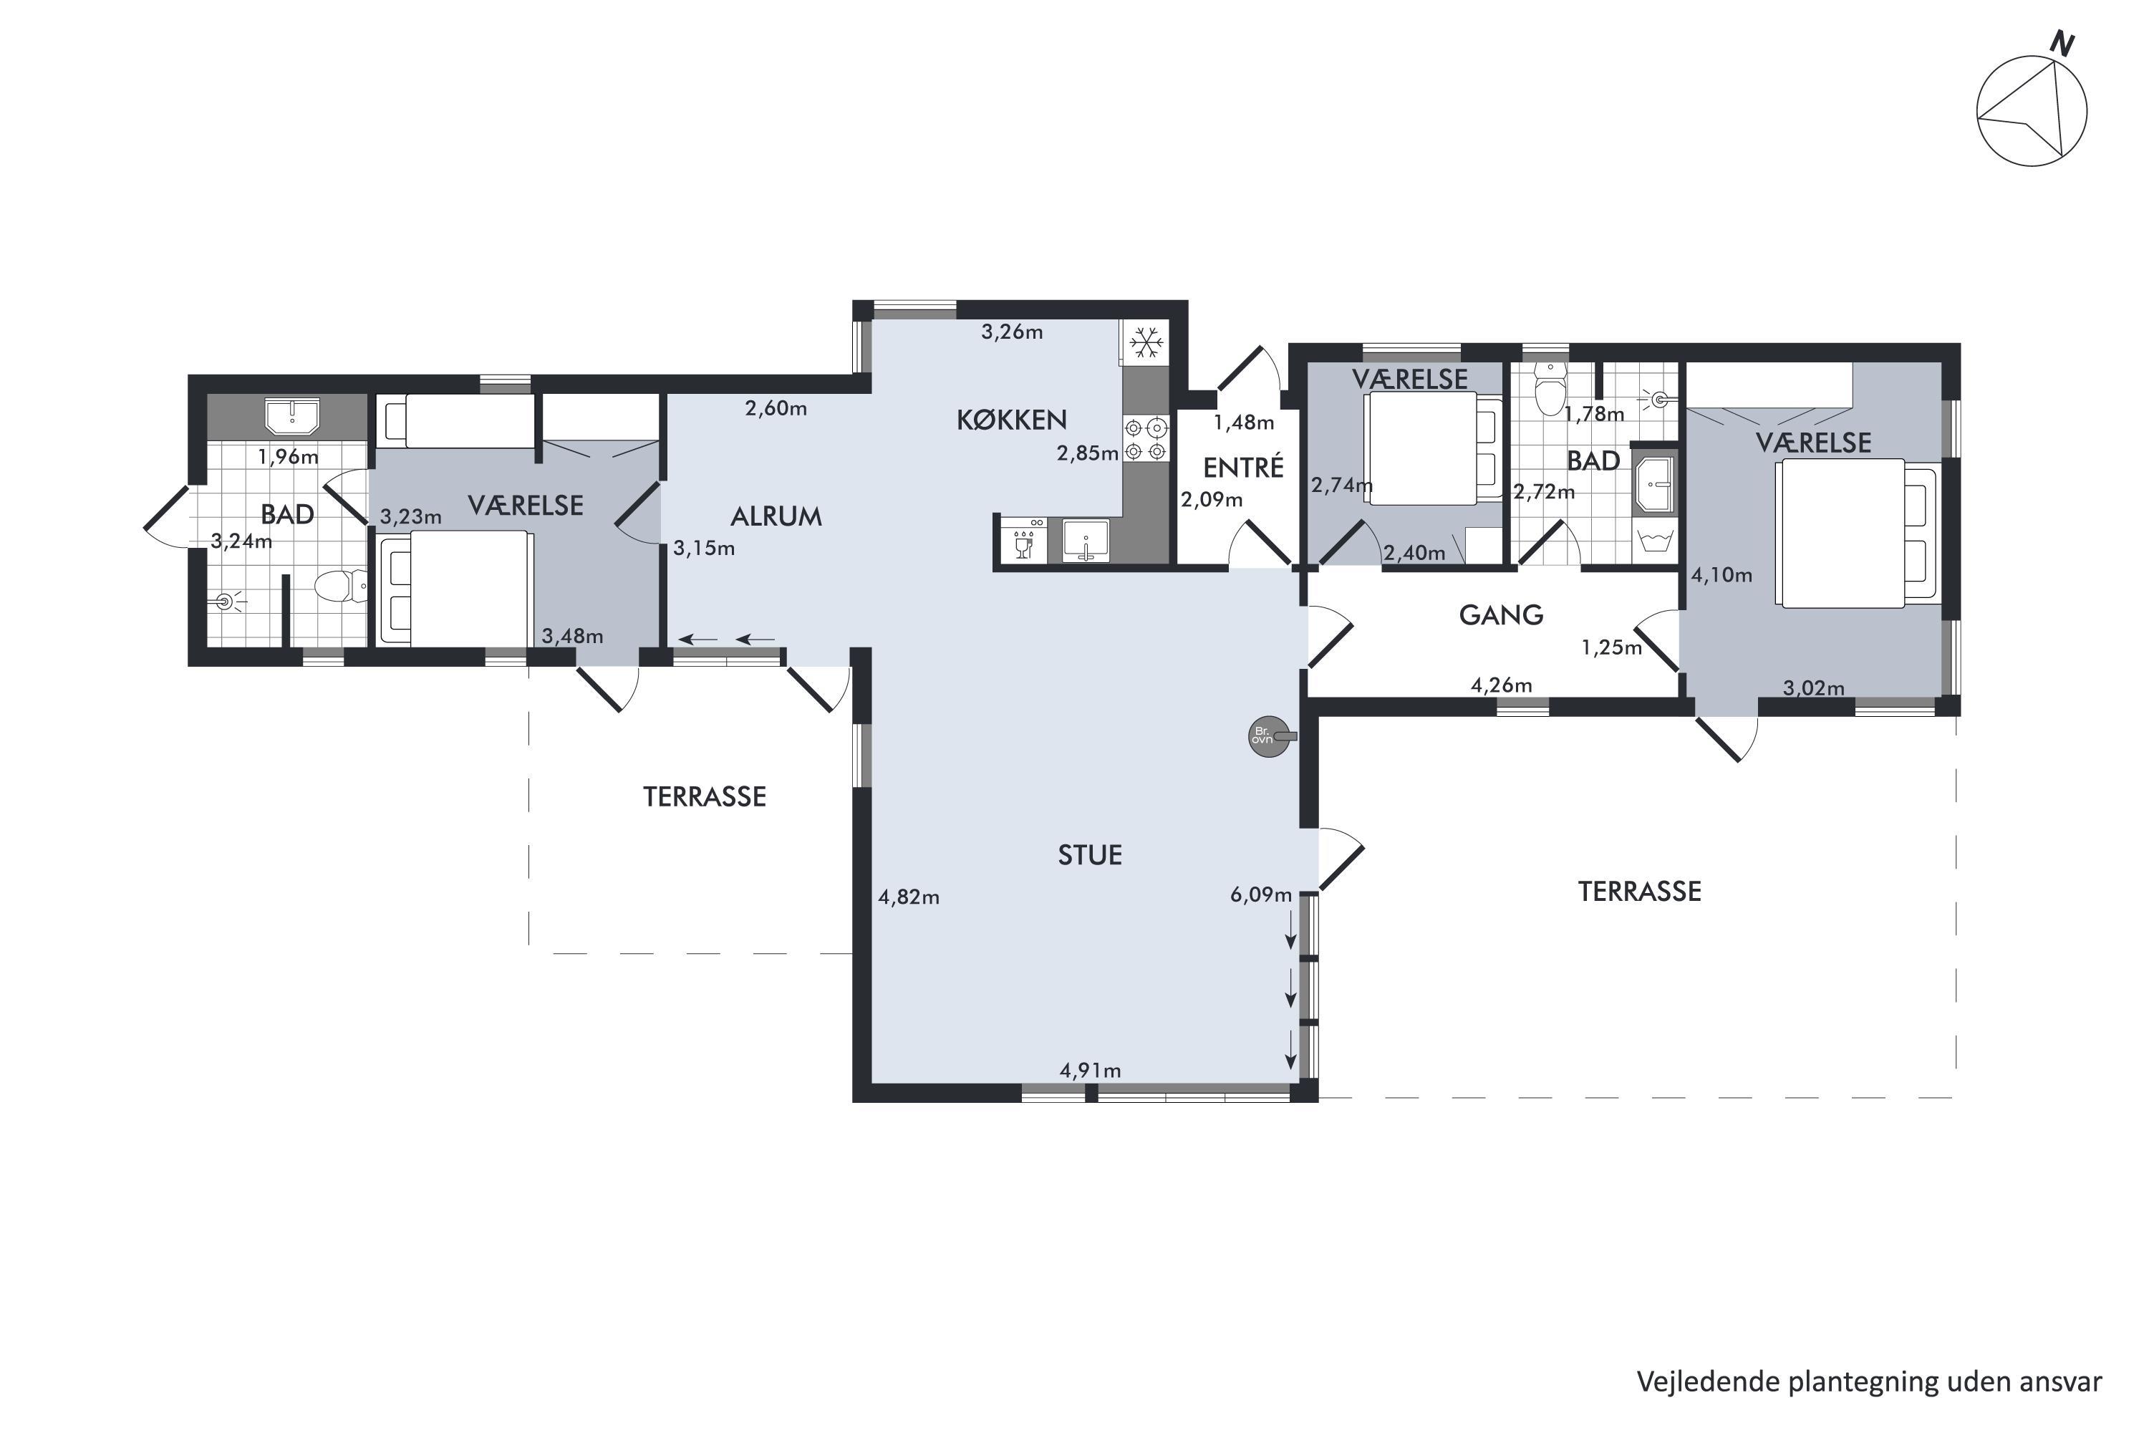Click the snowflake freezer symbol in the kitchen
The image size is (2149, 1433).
coord(1146,343)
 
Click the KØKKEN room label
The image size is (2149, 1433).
coord(1011,420)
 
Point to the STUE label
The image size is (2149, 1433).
coord(1089,854)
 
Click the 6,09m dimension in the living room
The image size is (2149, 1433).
coord(1260,894)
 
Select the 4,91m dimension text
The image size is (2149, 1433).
coord(1089,1070)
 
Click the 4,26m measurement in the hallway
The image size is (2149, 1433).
coord(1500,685)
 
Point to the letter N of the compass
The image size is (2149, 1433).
coord(2062,43)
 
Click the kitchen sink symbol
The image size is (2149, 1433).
coord(1085,540)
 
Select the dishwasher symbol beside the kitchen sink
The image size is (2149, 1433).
coord(1023,540)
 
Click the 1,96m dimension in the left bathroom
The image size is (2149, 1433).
coord(288,456)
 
